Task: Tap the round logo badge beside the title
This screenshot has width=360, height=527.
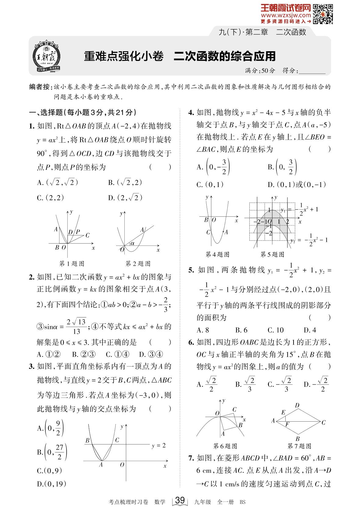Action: (47, 56)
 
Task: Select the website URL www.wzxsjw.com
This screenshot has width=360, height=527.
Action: (286, 16)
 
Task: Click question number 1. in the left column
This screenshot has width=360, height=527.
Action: (31, 126)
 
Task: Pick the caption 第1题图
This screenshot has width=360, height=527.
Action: (72, 263)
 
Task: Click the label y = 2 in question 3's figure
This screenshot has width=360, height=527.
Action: (159, 446)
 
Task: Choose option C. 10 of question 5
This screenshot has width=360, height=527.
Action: (276, 330)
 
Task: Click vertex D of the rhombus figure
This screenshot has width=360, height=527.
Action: (297, 405)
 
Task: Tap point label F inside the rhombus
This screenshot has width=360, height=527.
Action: (287, 424)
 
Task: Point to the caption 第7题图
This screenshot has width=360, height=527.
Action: (300, 446)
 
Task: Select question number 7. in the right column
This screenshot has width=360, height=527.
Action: (191, 458)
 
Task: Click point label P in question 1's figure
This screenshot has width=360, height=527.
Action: (78, 232)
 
